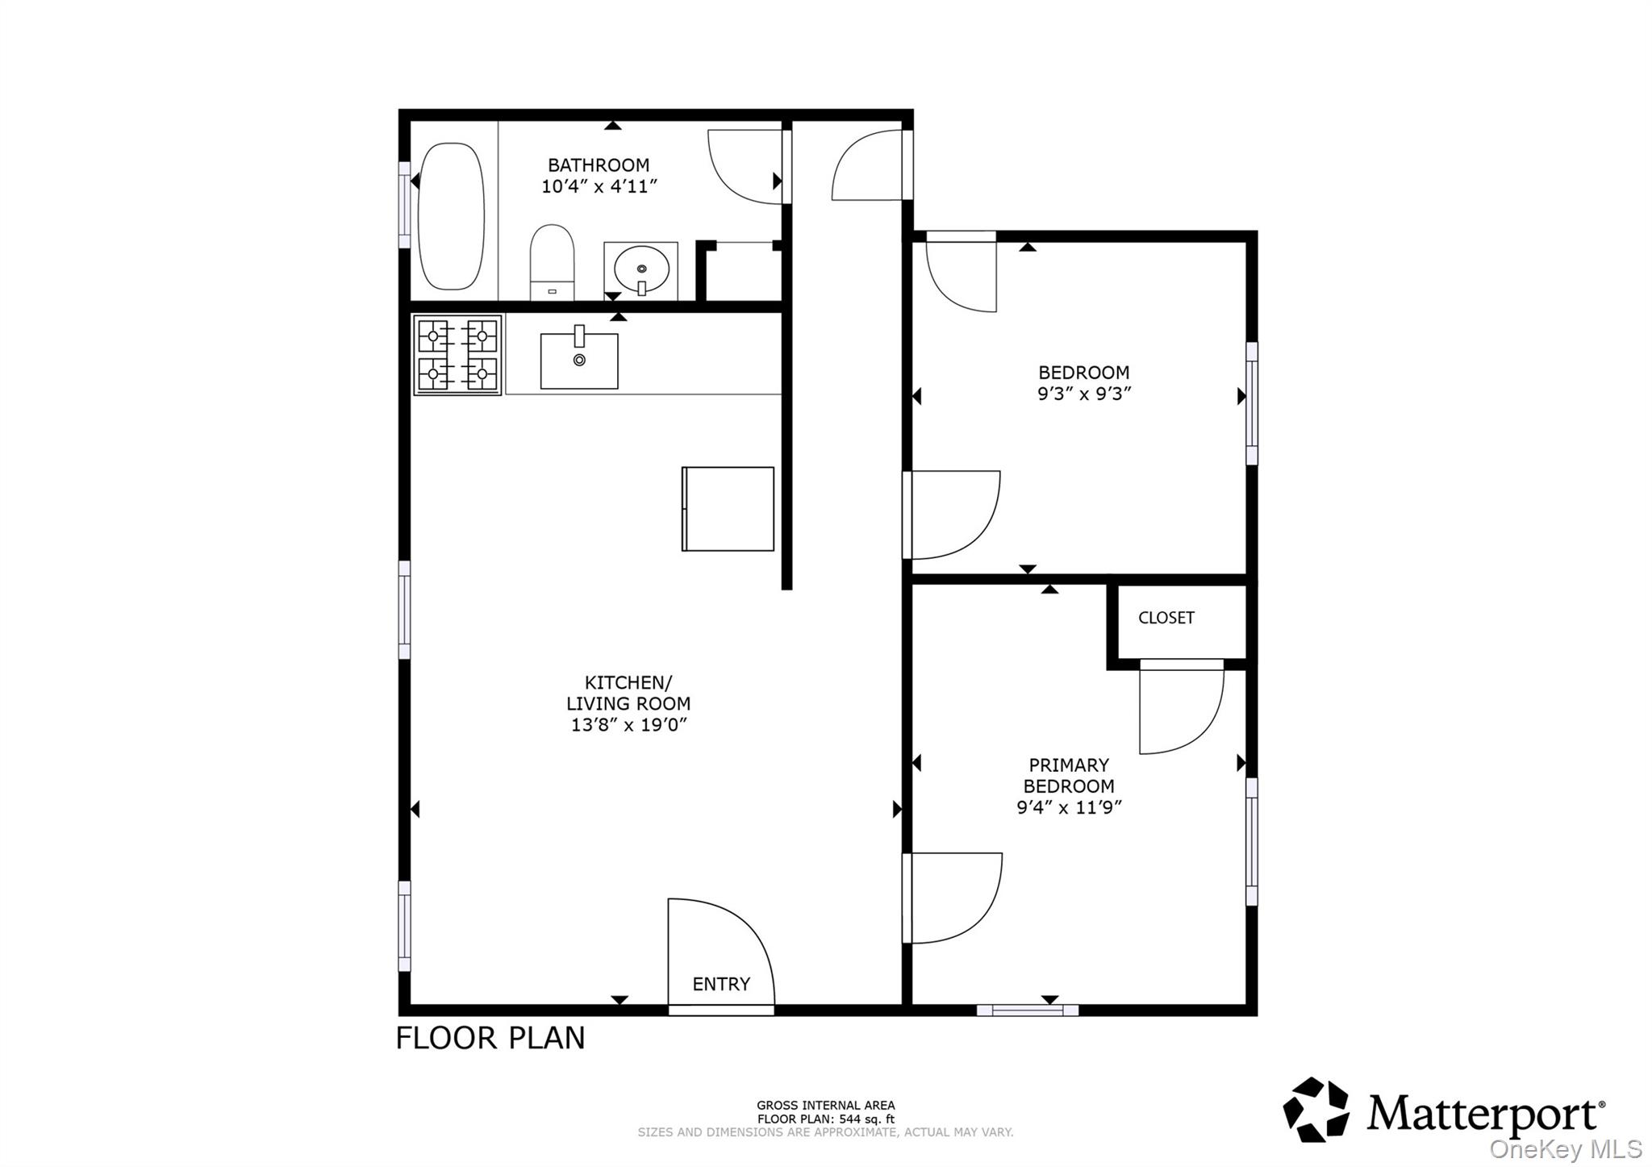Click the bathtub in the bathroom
click(453, 216)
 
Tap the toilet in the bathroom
click(552, 262)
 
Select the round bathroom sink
click(641, 270)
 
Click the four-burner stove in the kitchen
click(457, 355)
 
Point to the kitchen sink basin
click(579, 361)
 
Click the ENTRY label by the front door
click(721, 984)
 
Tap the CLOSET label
click(1166, 618)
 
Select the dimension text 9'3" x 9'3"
click(1084, 394)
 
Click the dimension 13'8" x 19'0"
click(628, 725)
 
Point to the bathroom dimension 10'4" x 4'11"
click(599, 187)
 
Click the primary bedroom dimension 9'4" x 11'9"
click(1069, 807)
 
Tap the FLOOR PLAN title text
click(490, 1038)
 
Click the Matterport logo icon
click(1316, 1110)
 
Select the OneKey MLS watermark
click(1565, 1148)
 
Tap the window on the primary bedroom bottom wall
click(1027, 1010)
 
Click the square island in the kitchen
click(728, 509)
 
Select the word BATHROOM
click(599, 165)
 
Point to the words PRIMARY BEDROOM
click(1069, 775)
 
